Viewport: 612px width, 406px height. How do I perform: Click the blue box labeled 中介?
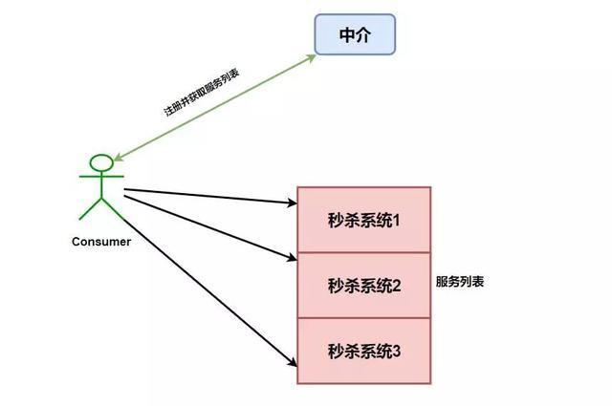[x=355, y=36]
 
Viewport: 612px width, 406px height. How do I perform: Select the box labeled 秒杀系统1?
[x=364, y=220]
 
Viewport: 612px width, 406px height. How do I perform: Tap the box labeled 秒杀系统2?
[x=364, y=285]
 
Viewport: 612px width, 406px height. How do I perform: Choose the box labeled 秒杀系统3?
[x=364, y=351]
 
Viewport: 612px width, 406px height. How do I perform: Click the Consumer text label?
[x=101, y=242]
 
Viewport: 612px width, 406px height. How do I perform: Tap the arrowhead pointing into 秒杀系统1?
[x=293, y=203]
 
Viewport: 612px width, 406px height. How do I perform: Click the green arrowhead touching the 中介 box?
[x=310, y=58]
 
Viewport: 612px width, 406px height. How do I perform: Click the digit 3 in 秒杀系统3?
[x=396, y=351]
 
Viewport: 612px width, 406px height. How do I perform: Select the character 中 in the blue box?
[x=346, y=36]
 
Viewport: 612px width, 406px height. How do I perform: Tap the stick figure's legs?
[x=100, y=209]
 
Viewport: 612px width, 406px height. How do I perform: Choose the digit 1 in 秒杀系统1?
[x=395, y=220]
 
